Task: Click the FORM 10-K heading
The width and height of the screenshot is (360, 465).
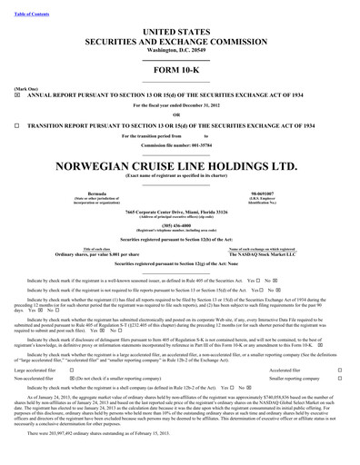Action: coord(179,70)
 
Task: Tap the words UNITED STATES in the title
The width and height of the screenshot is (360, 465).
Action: coord(179,31)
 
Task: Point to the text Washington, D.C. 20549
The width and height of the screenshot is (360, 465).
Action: coord(179,51)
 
